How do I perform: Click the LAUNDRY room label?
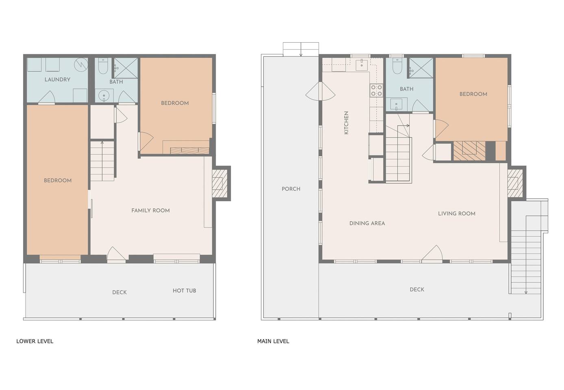tap(57, 80)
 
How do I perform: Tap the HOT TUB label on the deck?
tap(184, 290)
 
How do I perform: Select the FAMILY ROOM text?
tap(151, 210)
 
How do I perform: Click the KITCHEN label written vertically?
tap(346, 123)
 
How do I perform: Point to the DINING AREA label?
tap(367, 223)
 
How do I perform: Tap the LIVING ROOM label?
tap(457, 214)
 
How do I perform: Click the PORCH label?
tap(291, 189)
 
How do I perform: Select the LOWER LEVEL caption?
tap(35, 341)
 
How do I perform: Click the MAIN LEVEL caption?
tap(273, 341)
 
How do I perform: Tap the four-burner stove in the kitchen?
tap(376, 90)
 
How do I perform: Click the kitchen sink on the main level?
tap(362, 65)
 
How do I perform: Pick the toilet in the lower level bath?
tap(103, 66)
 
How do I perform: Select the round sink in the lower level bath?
tap(103, 96)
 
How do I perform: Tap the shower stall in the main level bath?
tap(421, 68)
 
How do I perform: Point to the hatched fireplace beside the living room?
tap(515, 183)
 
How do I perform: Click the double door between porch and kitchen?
tap(320, 92)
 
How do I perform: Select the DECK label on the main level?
tap(417, 290)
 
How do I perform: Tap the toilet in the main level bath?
tap(397, 66)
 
